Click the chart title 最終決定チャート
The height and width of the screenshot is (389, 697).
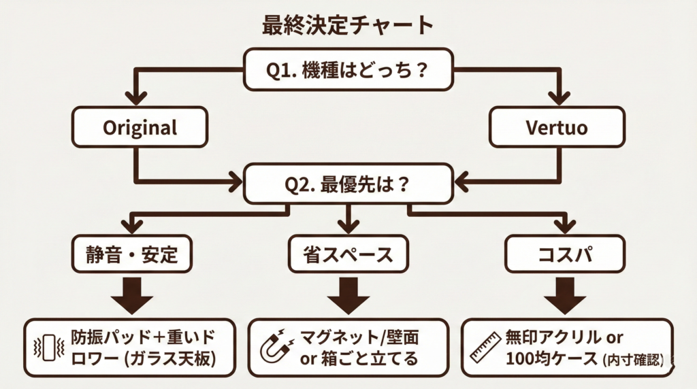click(x=348, y=25)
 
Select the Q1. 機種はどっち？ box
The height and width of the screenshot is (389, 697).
click(x=348, y=70)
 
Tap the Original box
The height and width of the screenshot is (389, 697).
click(x=140, y=127)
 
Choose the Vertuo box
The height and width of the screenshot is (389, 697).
click(x=557, y=127)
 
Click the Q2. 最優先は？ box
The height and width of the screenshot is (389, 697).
click(x=348, y=182)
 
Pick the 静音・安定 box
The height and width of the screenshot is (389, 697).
click(x=132, y=254)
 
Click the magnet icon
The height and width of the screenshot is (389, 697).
click(x=277, y=348)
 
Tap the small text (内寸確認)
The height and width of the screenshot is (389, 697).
click(x=633, y=360)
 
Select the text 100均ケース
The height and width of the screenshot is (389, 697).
click(x=551, y=358)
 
